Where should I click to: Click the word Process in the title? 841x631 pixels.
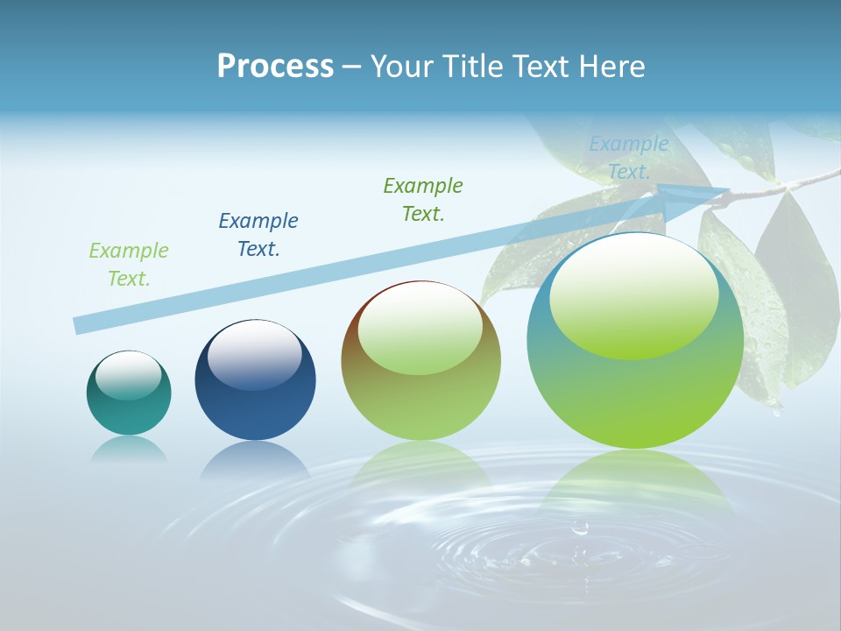[x=275, y=67]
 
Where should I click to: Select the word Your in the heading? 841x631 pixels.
[x=399, y=67]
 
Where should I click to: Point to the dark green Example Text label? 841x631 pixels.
[x=423, y=199]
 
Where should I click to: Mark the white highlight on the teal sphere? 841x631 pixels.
[x=129, y=375]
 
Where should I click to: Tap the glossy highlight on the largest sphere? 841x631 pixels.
[x=634, y=296]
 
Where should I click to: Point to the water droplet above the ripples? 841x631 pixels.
[x=579, y=528]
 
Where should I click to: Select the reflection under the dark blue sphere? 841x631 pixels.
[x=255, y=459]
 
